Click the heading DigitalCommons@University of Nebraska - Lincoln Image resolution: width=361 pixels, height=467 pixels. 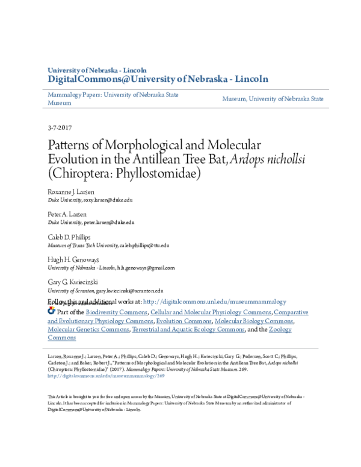tap(158, 79)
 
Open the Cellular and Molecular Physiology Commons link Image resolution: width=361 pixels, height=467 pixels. tap(211, 312)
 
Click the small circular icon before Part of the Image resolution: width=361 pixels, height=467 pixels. tap(51, 311)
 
